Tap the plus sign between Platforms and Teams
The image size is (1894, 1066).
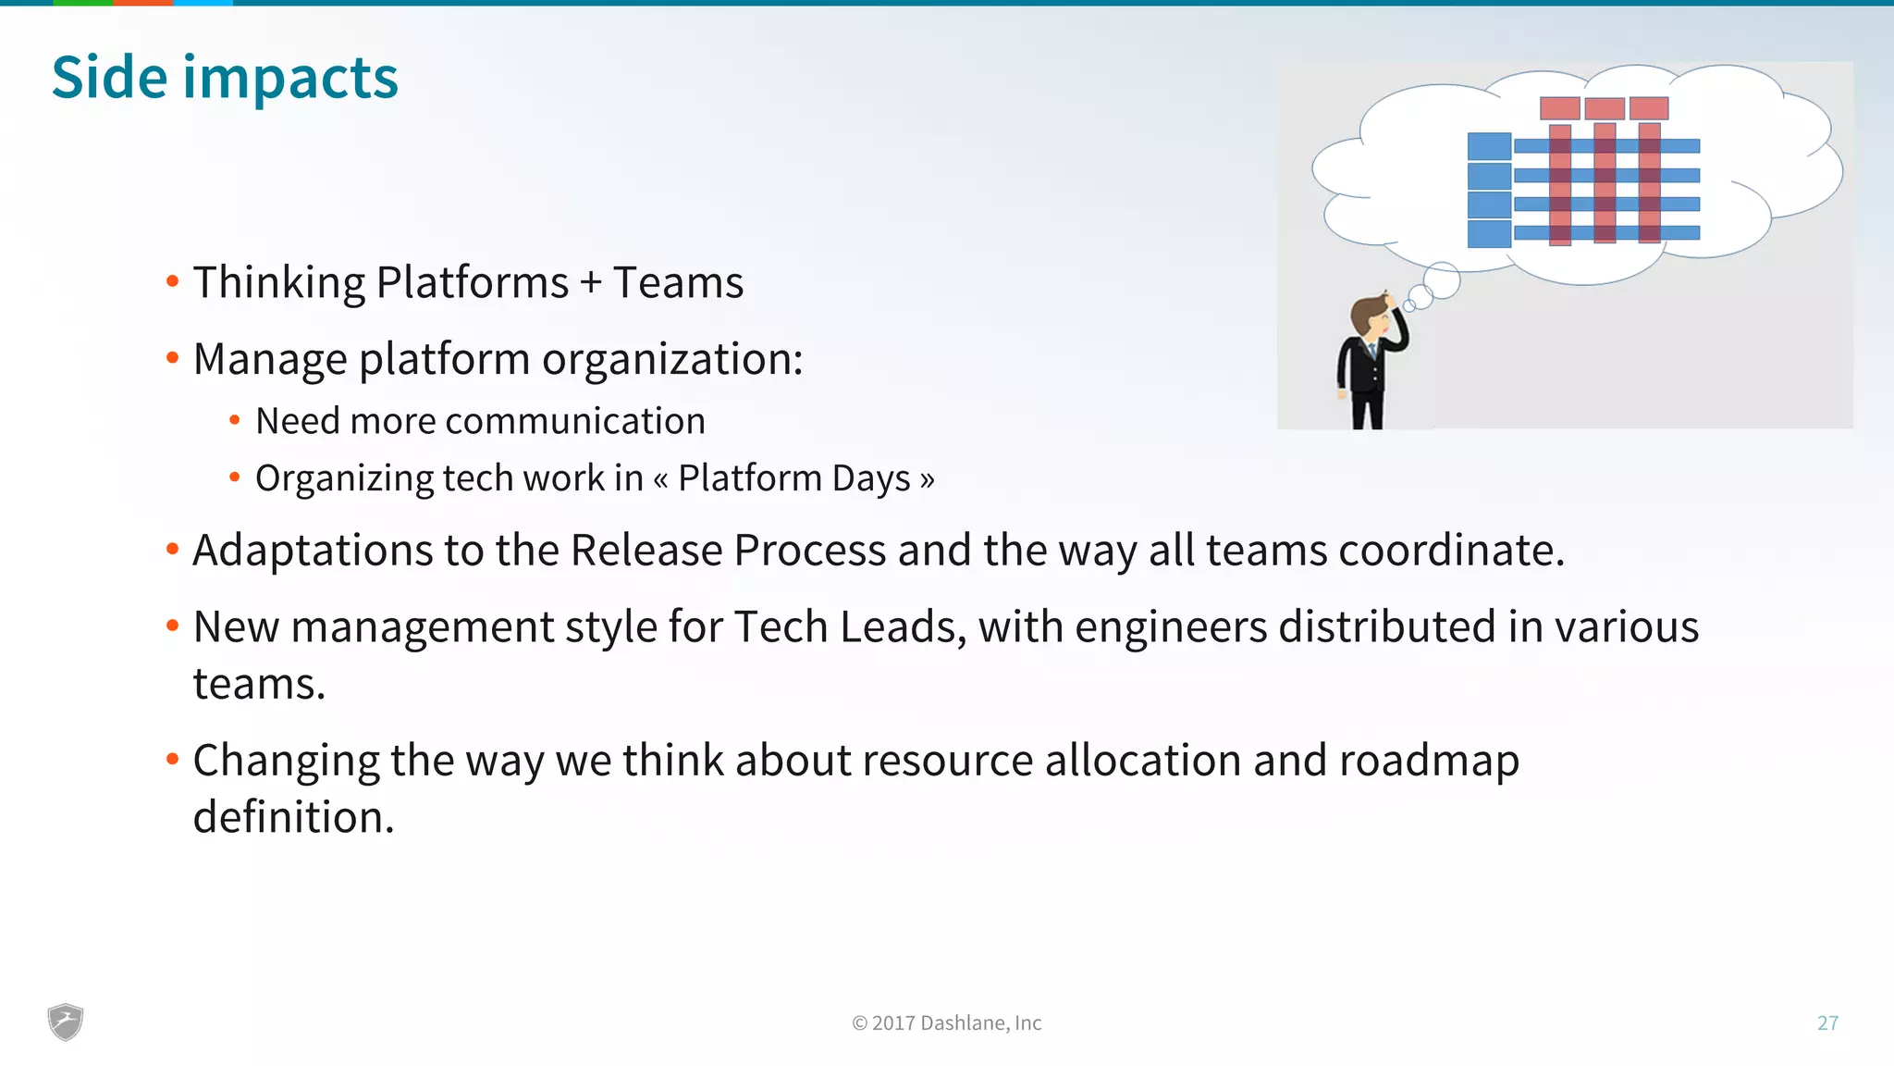(x=590, y=283)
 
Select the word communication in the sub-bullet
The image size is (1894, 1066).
(x=574, y=422)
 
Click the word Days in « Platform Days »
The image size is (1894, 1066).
(x=870, y=478)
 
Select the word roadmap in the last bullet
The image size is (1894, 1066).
(x=1428, y=761)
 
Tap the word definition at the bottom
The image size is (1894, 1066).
(x=292, y=818)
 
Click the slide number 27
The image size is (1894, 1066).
(x=1827, y=1023)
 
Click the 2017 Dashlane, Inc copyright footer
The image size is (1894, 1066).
(x=947, y=1023)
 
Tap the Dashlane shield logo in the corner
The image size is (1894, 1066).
(x=66, y=1022)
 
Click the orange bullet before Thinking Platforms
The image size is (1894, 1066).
(x=172, y=281)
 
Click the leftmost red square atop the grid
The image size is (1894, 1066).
(x=1559, y=108)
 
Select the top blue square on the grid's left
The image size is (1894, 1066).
(x=1489, y=146)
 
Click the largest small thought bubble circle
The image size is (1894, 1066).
(x=1441, y=280)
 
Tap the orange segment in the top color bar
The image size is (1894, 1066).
(x=142, y=3)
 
